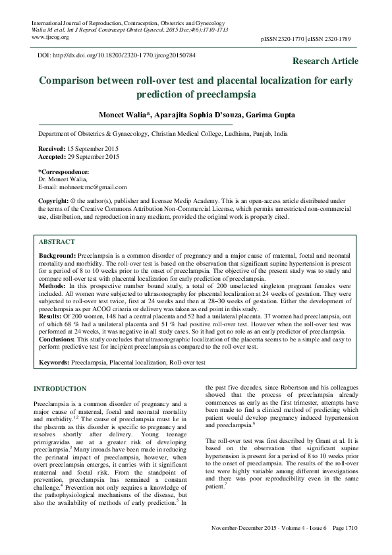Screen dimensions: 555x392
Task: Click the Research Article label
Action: pyautogui.click(x=326, y=61)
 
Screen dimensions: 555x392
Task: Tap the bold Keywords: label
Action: pyautogui.click(x=53, y=363)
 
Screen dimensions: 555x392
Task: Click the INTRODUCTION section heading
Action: pyautogui.click(x=59, y=388)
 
